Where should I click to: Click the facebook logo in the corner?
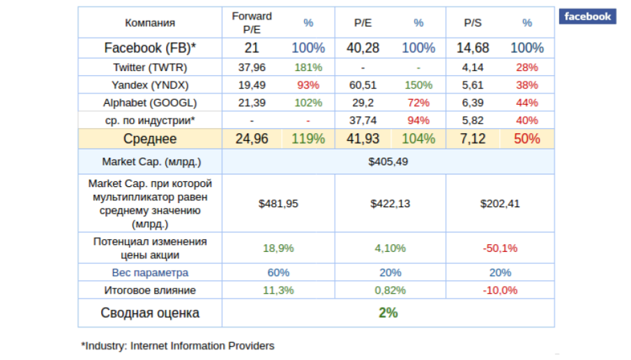pos(587,17)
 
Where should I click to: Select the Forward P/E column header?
pos(252,22)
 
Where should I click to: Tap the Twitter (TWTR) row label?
pos(150,68)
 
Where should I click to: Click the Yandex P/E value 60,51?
pos(363,85)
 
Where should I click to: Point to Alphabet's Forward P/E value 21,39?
pos(252,103)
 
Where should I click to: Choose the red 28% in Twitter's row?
pos(526,68)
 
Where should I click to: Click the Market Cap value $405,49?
pos(388,161)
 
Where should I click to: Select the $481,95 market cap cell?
pos(278,204)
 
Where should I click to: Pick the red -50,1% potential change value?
pos(500,248)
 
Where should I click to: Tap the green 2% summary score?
pos(388,313)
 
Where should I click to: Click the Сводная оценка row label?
pos(150,313)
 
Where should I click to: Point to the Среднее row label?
pos(150,139)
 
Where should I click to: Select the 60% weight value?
pos(278,272)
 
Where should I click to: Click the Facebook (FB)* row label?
pos(150,48)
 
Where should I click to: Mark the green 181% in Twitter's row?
pos(308,68)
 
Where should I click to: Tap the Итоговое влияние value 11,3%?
pos(278,290)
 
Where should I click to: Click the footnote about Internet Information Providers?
pos(178,345)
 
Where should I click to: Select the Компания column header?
pos(150,23)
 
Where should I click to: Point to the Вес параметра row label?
pos(150,272)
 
